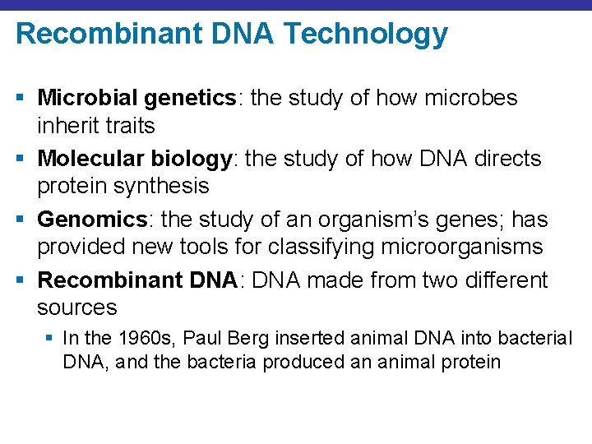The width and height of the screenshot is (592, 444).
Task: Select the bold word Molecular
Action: [x=88, y=158]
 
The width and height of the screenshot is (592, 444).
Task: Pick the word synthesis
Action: [x=161, y=186]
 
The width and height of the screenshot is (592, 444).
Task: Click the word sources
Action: [x=77, y=308]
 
